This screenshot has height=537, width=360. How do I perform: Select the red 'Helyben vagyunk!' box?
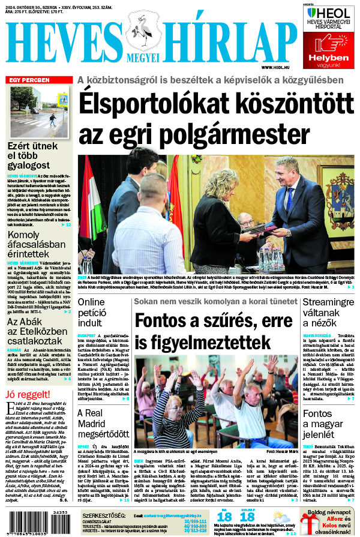(329, 49)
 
